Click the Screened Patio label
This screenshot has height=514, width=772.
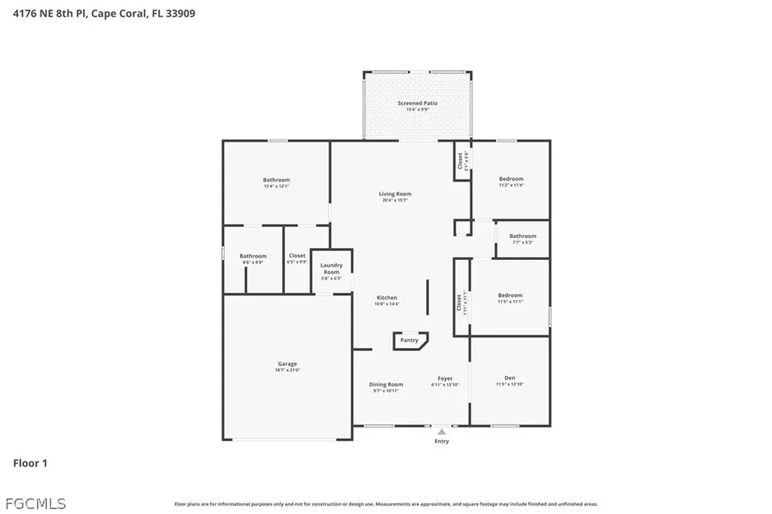(x=417, y=103)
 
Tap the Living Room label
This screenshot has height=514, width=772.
(x=395, y=194)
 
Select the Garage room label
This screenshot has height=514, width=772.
(x=286, y=364)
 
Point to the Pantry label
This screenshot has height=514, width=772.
(x=409, y=341)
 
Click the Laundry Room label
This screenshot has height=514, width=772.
(x=332, y=268)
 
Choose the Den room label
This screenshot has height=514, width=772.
(x=510, y=378)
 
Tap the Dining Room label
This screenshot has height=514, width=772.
(x=386, y=385)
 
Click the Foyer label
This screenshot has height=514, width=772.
(x=446, y=378)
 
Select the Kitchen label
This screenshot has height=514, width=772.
(x=387, y=298)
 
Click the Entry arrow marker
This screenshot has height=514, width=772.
(x=442, y=433)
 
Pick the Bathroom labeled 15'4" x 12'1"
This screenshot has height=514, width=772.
(x=276, y=180)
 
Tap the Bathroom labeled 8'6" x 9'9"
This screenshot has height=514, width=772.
(x=253, y=256)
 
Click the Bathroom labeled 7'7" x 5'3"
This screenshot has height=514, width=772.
(x=522, y=236)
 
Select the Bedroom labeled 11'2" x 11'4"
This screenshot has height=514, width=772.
(x=511, y=179)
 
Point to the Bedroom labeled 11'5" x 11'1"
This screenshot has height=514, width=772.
(x=510, y=295)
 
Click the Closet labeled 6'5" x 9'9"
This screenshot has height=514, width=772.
(x=297, y=256)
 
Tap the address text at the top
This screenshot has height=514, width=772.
(x=104, y=13)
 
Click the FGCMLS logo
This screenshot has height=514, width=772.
(x=35, y=503)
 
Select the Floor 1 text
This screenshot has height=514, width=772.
(x=30, y=464)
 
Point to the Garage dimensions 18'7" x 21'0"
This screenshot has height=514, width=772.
(x=286, y=370)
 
